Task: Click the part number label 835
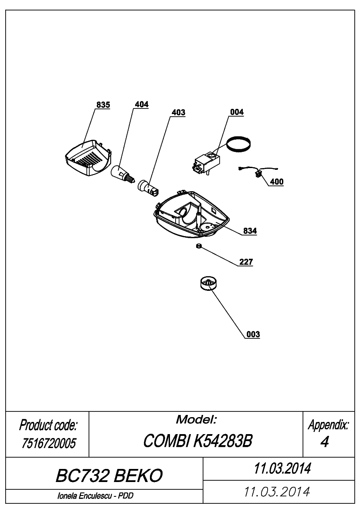[103, 104]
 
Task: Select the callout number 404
[142, 104]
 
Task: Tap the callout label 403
[178, 112]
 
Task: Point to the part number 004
[237, 112]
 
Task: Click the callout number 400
[277, 182]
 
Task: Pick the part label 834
[250, 231]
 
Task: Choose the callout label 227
[246, 262]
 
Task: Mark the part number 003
[253, 334]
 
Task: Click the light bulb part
[122, 174]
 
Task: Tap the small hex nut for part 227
[199, 246]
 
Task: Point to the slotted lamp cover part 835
[88, 158]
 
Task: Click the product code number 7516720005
[49, 443]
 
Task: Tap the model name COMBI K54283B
[198, 441]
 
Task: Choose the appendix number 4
[325, 442]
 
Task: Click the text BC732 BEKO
[109, 475]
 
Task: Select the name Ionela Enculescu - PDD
[95, 496]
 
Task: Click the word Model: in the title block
[196, 419]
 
